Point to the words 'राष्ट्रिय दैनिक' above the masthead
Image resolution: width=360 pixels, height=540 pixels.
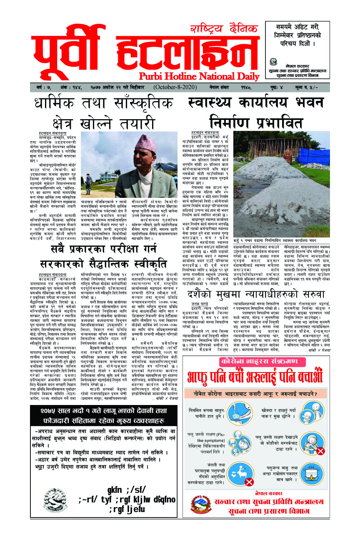(x=223, y=30)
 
